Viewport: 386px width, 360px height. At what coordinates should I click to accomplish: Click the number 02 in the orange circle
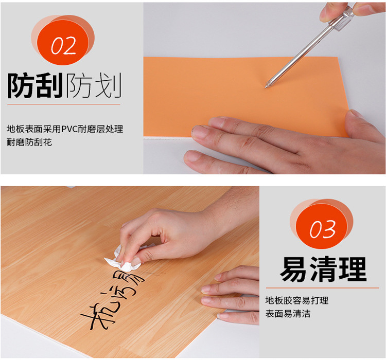63,46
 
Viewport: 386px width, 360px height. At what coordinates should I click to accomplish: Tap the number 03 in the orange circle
323,230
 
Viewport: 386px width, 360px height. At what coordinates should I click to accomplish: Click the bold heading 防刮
34,85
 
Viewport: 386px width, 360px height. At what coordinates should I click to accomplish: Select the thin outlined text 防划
93,85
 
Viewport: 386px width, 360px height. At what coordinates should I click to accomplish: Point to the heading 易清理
323,268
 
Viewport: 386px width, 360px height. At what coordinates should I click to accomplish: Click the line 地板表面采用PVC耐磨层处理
65,129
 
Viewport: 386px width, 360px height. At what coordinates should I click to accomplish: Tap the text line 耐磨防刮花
29,142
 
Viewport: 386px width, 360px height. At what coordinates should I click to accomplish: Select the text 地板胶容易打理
296,300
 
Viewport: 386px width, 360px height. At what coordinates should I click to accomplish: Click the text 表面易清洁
288,313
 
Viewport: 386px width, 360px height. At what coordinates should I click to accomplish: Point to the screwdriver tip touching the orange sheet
266,86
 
